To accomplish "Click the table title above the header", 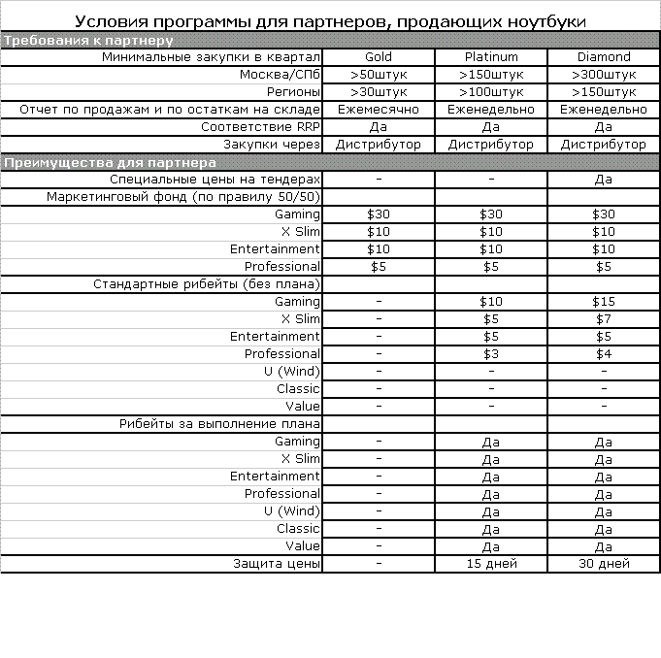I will tap(331, 21).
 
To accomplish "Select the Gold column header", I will tap(379, 57).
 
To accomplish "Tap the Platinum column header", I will tap(491, 57).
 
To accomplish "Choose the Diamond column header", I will tap(604, 57).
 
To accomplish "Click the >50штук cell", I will tap(379, 75).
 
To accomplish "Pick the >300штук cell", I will tap(604, 75).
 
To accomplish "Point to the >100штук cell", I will tap(491, 92).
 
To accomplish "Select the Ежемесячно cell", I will tap(379, 110).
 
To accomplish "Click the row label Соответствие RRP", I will tap(260, 127).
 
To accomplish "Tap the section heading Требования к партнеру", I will tap(89, 41).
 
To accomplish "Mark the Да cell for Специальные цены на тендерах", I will tap(604, 180).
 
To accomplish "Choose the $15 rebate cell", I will tap(604, 302).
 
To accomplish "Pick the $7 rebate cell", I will tap(604, 319).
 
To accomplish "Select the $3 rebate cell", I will tap(491, 354).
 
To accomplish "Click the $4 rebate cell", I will tap(604, 354).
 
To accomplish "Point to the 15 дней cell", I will tap(491, 564).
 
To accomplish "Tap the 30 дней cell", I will tap(604, 564).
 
